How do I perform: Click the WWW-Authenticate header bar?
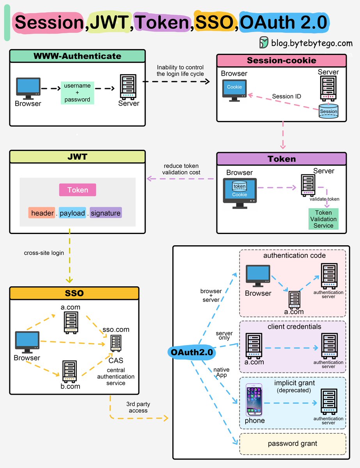tap(77, 56)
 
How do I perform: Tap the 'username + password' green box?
tap(78, 92)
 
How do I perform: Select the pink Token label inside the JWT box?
tap(78, 190)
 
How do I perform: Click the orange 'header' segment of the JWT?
tap(42, 213)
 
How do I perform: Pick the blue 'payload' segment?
tap(72, 213)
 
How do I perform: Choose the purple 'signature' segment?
tap(106, 213)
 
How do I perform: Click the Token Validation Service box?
tap(324, 219)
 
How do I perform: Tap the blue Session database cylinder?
tap(328, 111)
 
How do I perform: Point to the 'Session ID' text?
tap(287, 96)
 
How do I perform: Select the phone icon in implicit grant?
tap(254, 400)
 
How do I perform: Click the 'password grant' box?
tap(293, 443)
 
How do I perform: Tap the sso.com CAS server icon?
tap(116, 343)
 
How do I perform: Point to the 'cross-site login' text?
tap(44, 253)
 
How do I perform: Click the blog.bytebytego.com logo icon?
tap(264, 42)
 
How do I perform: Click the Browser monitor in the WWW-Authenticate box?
tap(28, 88)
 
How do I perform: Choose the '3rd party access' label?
tap(138, 407)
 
